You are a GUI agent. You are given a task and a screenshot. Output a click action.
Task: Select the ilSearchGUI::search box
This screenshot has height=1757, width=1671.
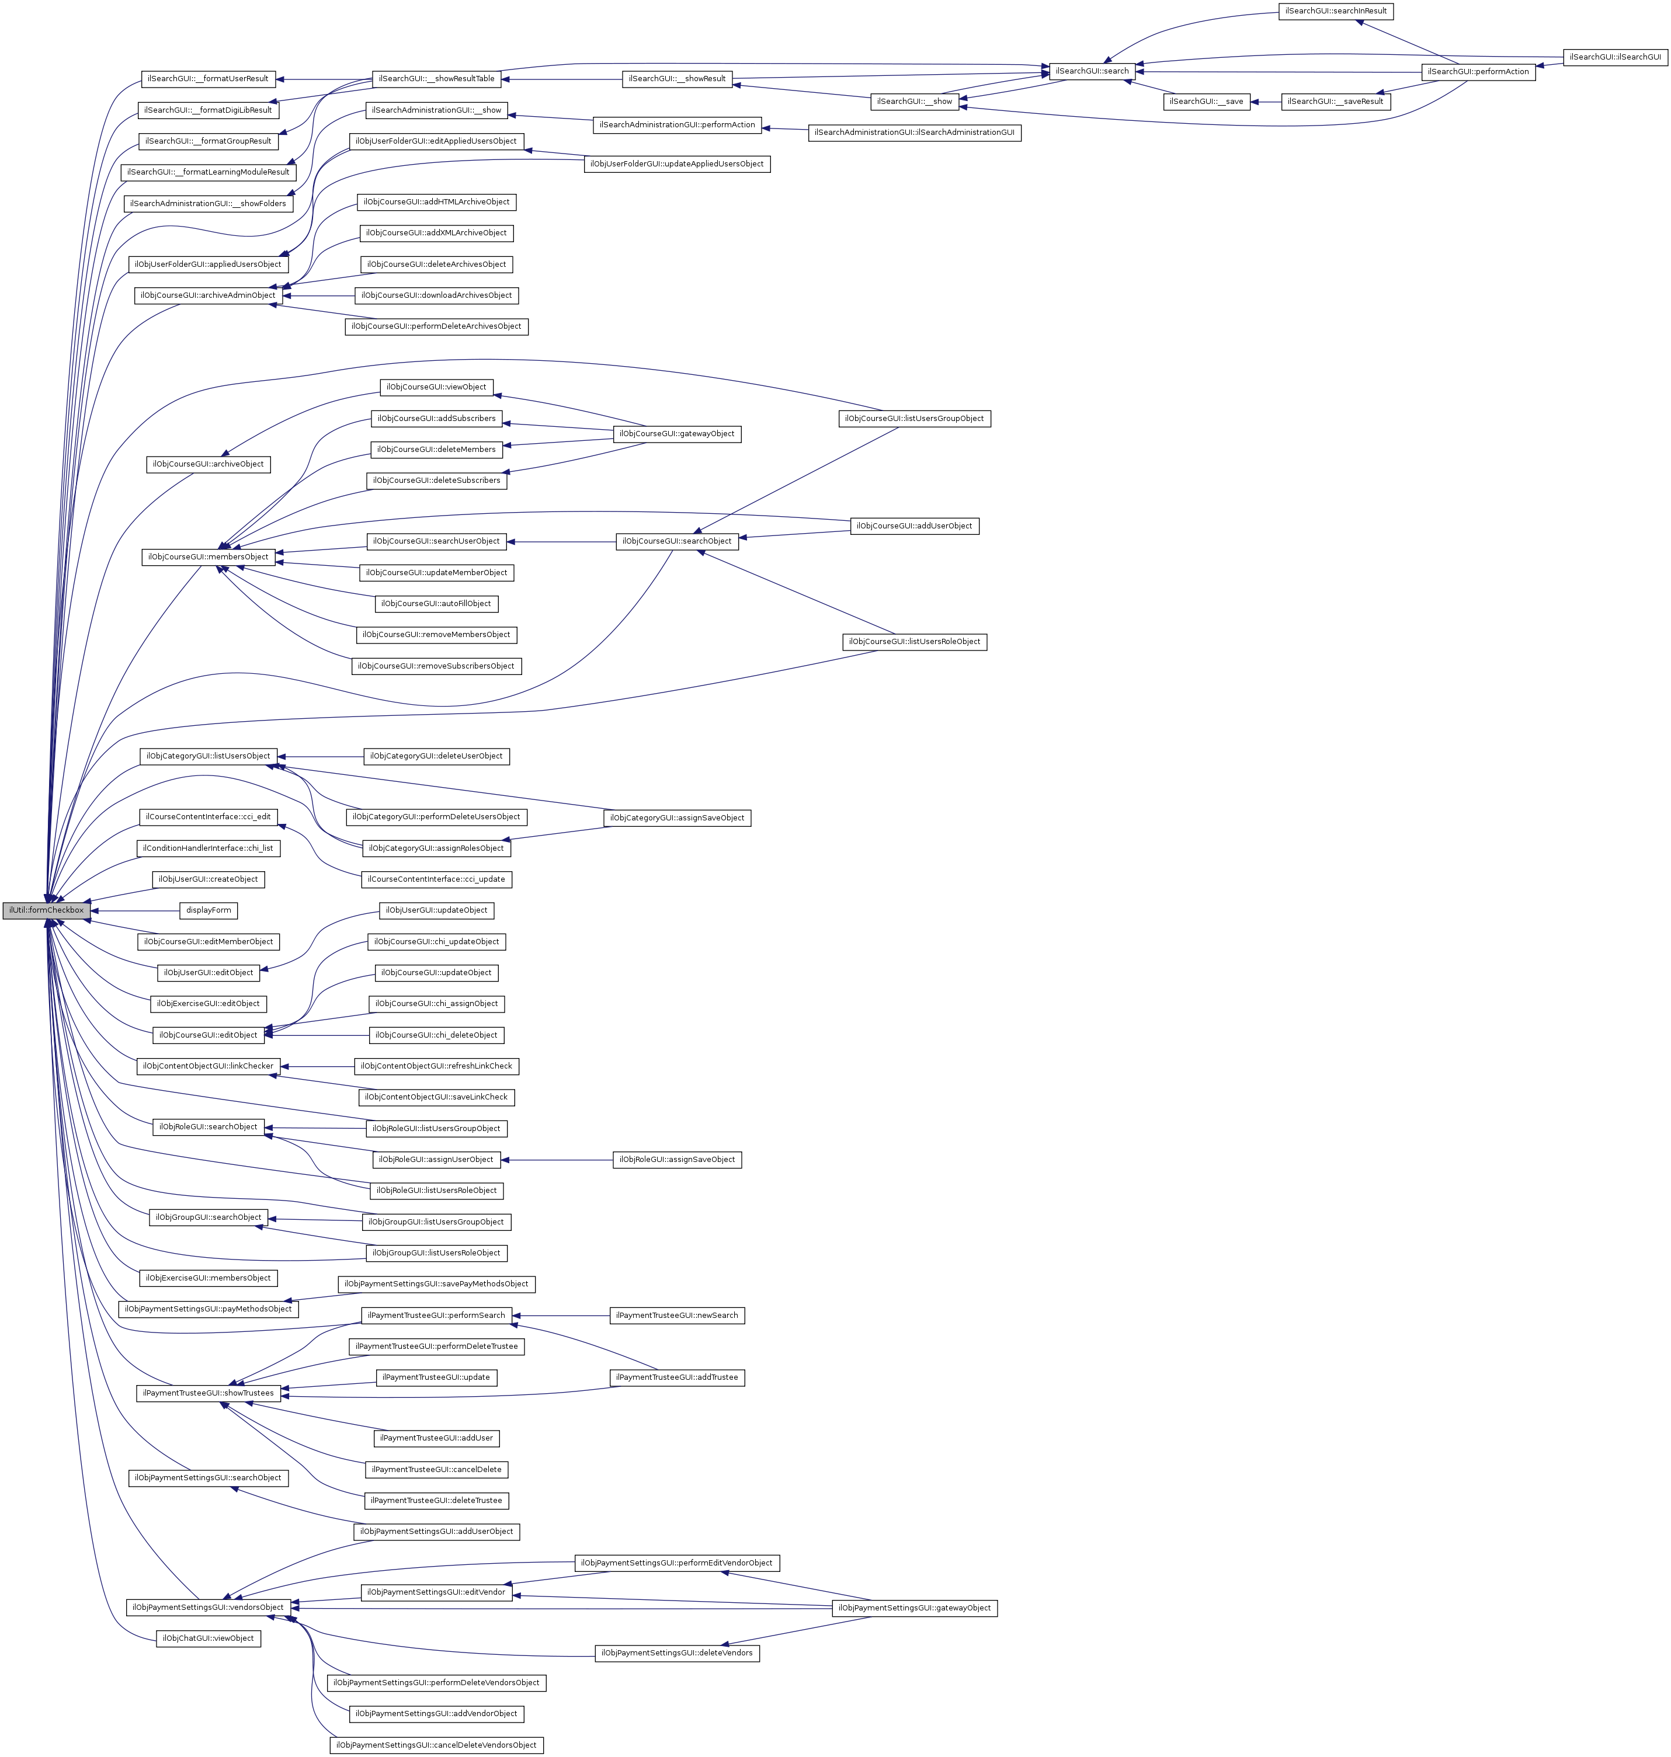click(1091, 71)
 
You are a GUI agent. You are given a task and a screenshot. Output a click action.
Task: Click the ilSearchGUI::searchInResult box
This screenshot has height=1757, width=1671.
click(1335, 12)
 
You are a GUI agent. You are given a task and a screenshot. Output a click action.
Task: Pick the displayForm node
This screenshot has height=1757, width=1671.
click(209, 910)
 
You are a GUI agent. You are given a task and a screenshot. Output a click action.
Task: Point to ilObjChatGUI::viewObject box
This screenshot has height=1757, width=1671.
click(209, 1638)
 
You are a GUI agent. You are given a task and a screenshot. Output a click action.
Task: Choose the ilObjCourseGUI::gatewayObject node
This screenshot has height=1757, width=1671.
click(677, 434)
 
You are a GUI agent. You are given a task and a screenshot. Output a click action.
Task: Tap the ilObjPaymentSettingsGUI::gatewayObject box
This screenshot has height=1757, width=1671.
click(914, 1608)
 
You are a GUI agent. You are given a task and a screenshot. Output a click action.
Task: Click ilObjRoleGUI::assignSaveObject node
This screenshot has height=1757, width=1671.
click(677, 1160)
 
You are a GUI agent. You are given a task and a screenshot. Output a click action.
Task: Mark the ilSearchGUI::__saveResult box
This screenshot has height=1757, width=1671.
click(1335, 102)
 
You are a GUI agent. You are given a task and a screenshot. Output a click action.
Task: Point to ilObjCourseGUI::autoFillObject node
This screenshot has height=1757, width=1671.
click(436, 604)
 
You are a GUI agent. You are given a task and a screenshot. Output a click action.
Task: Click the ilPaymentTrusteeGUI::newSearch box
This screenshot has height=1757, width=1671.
click(677, 1316)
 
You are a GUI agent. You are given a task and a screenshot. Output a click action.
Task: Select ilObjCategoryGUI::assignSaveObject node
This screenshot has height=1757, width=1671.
click(677, 817)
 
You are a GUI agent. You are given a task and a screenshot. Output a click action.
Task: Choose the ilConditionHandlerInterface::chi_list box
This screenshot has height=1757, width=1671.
click(209, 848)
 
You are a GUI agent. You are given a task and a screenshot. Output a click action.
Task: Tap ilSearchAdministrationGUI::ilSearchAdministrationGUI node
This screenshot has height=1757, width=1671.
click(914, 133)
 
